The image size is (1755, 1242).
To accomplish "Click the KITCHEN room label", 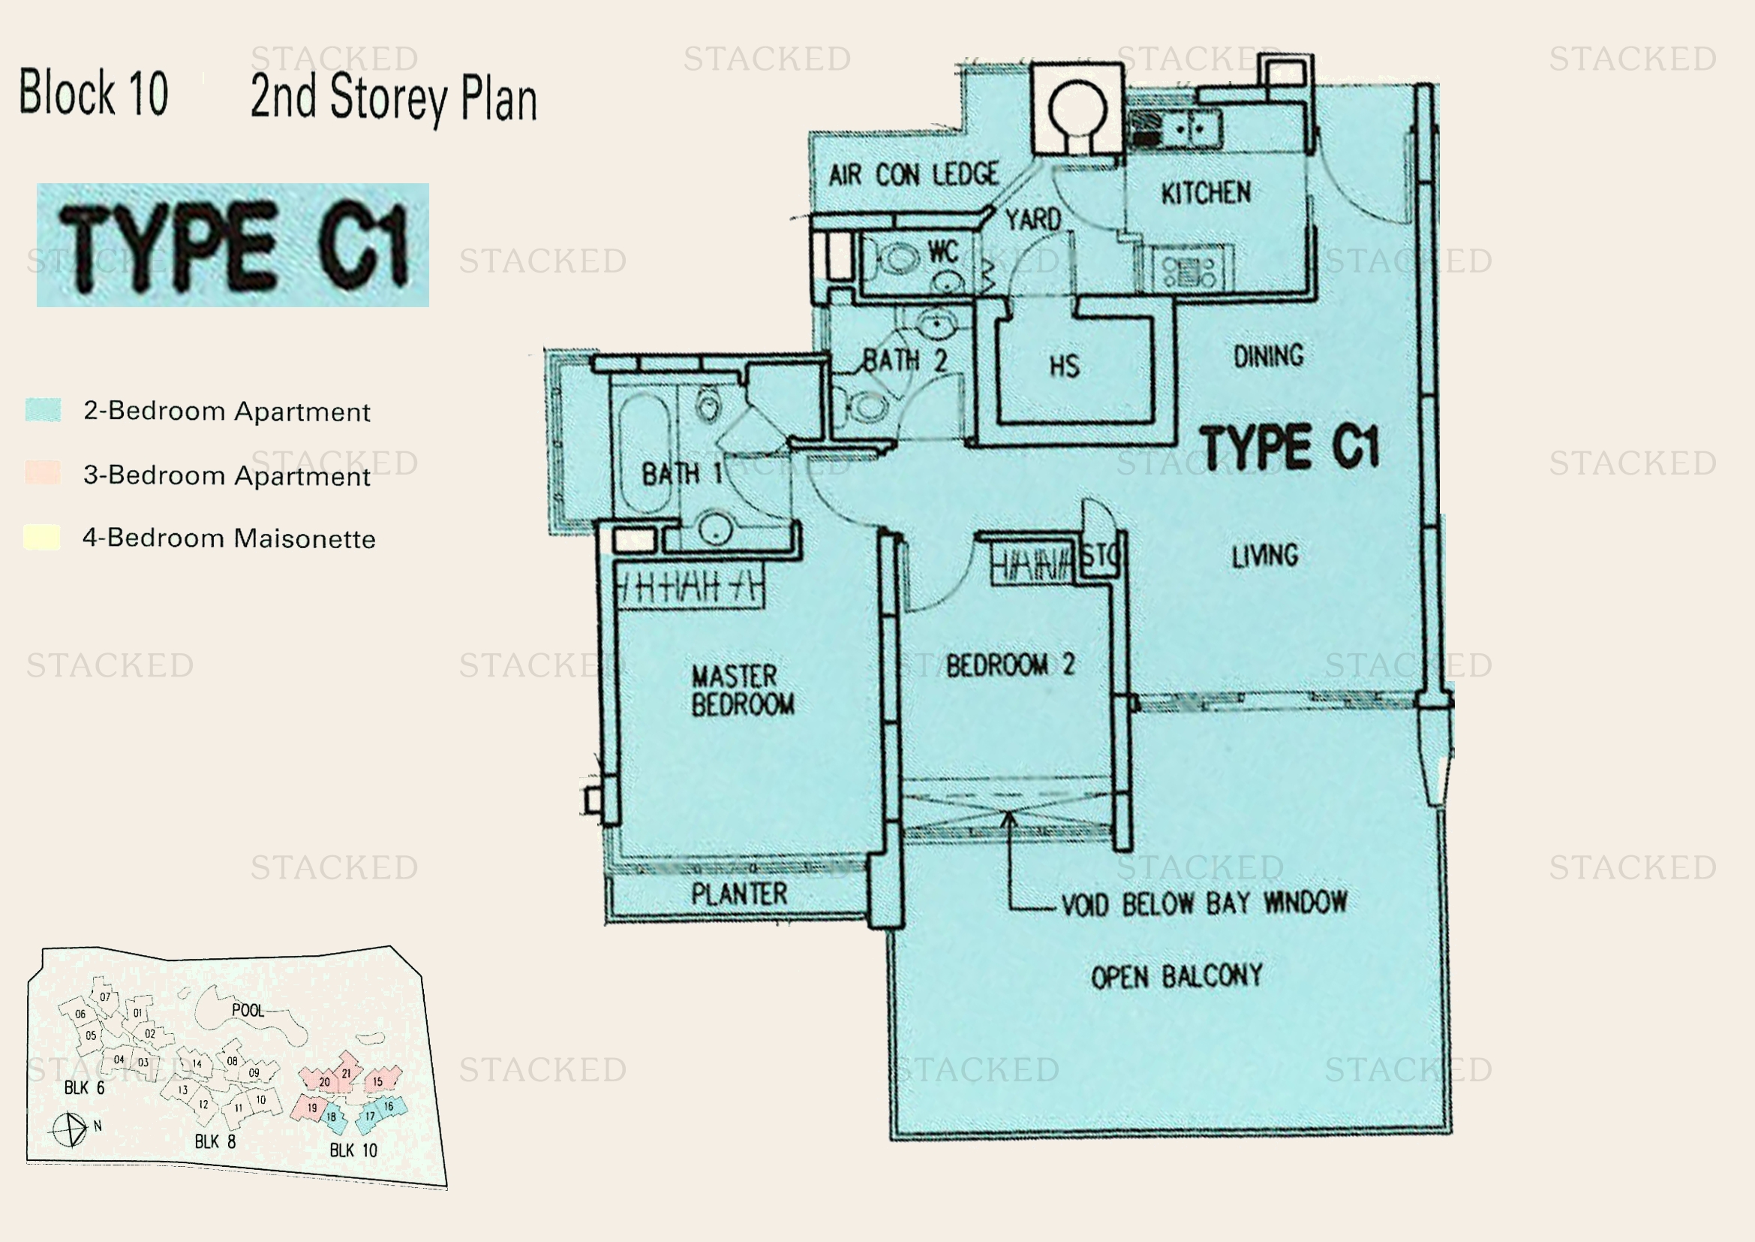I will click(x=1206, y=193).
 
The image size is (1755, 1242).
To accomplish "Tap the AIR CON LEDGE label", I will click(x=913, y=175).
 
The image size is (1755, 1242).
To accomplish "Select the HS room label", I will click(x=1064, y=366).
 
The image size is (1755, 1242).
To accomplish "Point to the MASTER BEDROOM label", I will click(x=742, y=690).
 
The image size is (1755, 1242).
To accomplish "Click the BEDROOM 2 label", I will click(x=1010, y=665).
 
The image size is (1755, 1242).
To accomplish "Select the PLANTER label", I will click(x=738, y=894).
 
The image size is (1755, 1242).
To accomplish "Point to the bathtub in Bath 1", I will click(x=645, y=451).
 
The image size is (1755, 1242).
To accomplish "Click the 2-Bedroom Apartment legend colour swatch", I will click(x=43, y=410).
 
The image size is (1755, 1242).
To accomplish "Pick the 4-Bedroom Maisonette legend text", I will click(x=229, y=538).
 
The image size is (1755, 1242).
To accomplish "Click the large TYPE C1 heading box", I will click(x=233, y=246).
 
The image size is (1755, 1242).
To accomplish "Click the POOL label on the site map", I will click(x=247, y=1010).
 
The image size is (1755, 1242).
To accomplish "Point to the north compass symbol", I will click(x=70, y=1129).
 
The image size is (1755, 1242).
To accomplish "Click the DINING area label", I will click(x=1267, y=356).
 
